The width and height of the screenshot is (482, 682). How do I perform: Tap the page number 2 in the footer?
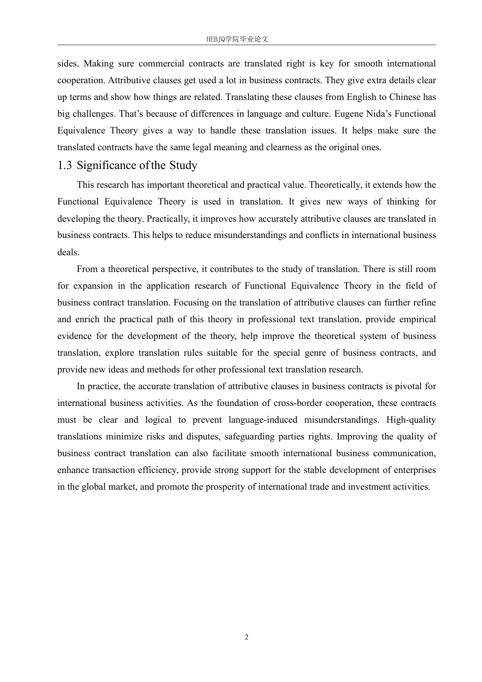(x=247, y=637)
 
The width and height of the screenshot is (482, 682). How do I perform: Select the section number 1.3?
(x=64, y=165)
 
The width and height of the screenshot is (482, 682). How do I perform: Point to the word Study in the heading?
(x=183, y=165)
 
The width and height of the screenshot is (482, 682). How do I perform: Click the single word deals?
(x=68, y=252)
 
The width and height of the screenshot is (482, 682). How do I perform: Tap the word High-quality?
(x=411, y=420)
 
